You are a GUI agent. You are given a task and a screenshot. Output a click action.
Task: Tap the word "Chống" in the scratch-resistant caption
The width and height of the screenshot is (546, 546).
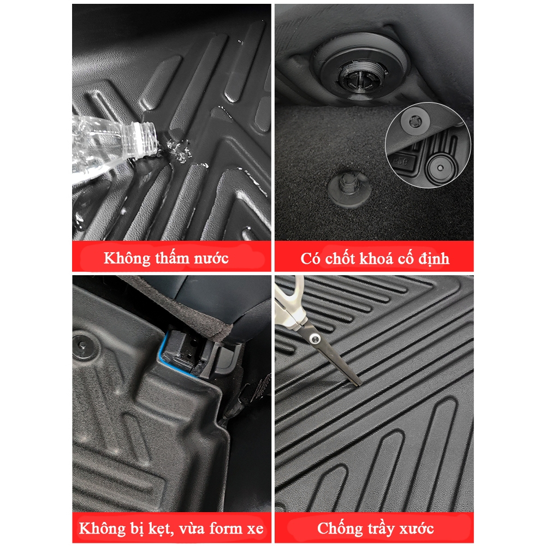click(340, 528)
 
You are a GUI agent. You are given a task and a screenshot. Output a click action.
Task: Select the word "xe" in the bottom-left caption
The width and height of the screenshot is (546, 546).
click(254, 528)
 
